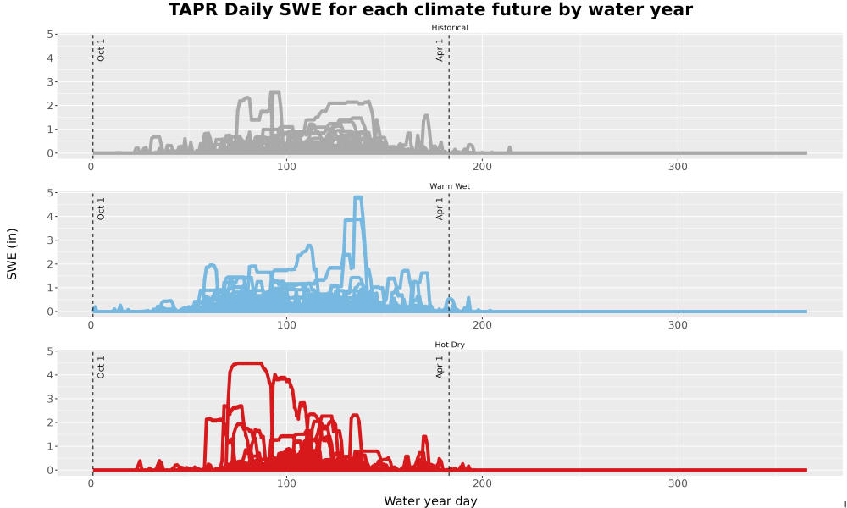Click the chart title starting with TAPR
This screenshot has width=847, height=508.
(430, 9)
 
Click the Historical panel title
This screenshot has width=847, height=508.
(450, 28)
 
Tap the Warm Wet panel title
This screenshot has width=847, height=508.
(450, 186)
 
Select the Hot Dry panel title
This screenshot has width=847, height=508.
(450, 345)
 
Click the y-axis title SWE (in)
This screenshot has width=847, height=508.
(12, 254)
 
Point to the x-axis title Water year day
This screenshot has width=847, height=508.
(430, 501)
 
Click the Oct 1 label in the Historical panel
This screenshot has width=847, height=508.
(101, 50)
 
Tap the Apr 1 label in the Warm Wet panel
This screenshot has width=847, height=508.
(440, 208)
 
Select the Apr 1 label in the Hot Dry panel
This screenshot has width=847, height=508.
(440, 367)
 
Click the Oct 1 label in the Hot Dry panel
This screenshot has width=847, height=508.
(101, 367)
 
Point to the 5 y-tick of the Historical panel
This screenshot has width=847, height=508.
(50, 34)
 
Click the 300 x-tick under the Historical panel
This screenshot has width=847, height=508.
(678, 167)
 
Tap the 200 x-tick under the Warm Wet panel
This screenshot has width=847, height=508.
(482, 325)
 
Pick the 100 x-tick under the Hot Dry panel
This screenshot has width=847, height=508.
(286, 483)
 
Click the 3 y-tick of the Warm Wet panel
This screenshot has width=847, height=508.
(50, 240)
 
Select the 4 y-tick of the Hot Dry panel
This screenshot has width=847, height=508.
(50, 375)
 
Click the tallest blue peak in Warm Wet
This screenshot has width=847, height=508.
(357, 197)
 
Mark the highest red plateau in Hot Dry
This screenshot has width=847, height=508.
(246, 363)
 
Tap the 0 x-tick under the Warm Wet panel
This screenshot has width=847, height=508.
(91, 325)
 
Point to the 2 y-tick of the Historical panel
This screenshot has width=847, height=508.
(50, 105)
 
